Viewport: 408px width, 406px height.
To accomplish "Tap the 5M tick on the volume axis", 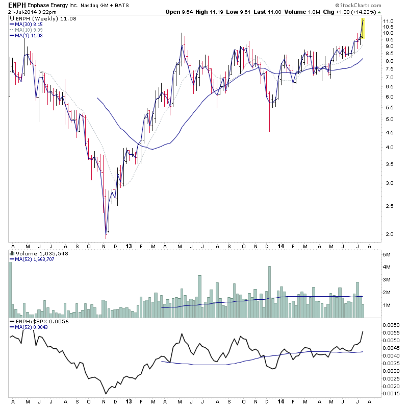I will coord(388,254).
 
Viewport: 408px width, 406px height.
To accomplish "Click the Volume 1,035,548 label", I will coord(36,252).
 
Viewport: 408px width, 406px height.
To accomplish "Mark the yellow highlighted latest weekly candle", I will coord(363,28).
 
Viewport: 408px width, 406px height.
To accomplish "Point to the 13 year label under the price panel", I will coord(130,246).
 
